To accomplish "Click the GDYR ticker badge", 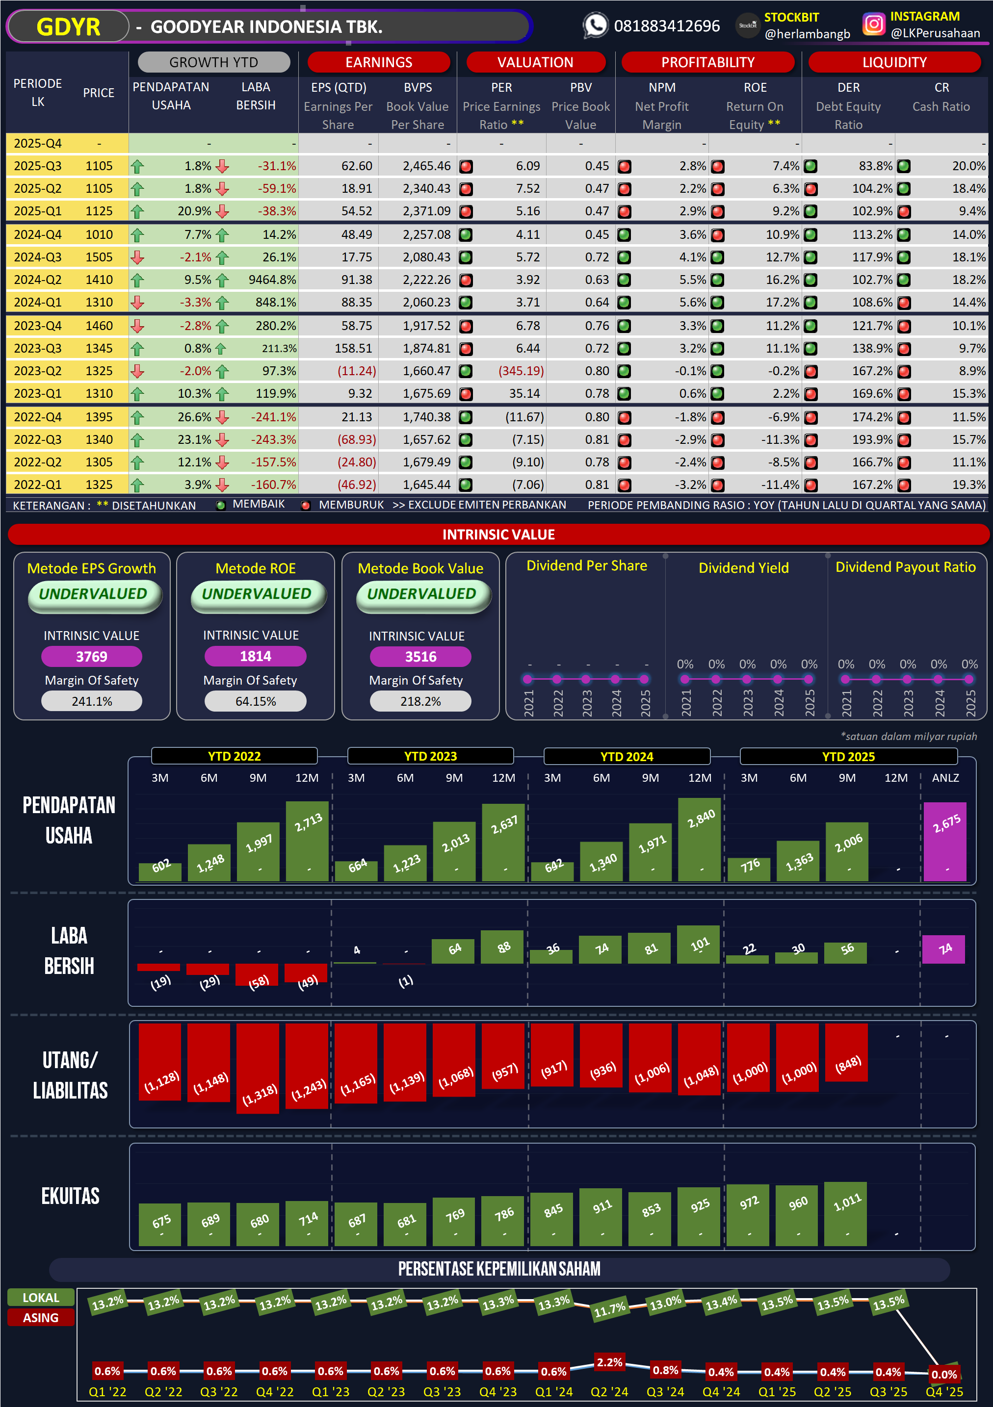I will (68, 27).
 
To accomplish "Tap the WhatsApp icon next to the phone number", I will (595, 26).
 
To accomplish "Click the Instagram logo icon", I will (873, 25).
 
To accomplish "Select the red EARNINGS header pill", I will (378, 62).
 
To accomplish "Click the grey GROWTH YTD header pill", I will (213, 62).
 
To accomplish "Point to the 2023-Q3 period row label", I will (37, 349).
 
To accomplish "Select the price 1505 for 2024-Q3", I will (99, 257).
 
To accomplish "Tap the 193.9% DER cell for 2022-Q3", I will (872, 439).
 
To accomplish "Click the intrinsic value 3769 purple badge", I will (91, 656).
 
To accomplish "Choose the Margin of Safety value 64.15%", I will (255, 701).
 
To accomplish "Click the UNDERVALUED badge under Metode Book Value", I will (422, 594).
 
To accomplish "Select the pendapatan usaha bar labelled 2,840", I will (700, 839).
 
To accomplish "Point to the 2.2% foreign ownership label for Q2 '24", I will (609, 1362).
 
